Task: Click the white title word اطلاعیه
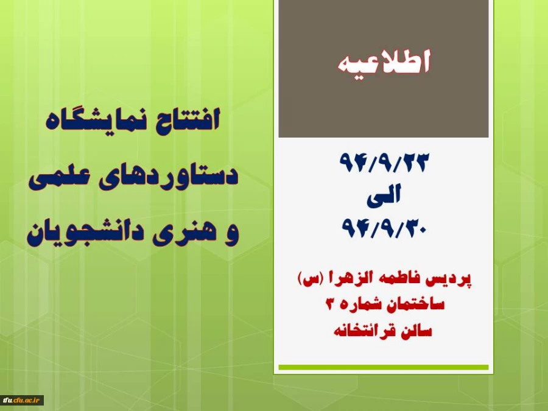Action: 384,63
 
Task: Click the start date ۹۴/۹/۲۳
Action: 384,163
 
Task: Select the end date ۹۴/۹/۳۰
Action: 384,228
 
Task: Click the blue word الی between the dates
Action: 384,195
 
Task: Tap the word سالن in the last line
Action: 414,332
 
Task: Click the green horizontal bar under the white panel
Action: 384,367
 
